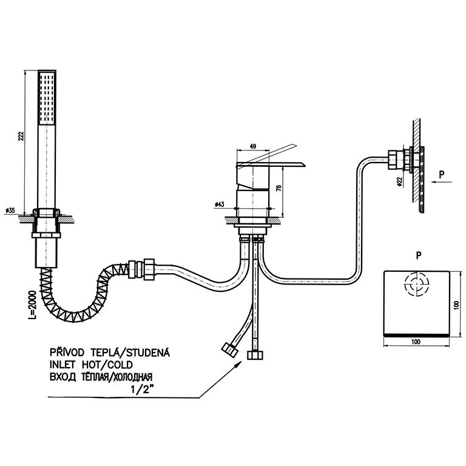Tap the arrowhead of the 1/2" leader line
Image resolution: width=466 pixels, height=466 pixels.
[246, 362]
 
